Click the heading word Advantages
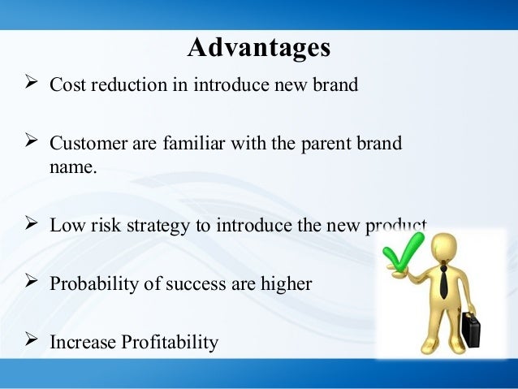(259, 48)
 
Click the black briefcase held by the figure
(471, 328)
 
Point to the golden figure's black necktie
(443, 281)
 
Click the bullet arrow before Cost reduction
(31, 82)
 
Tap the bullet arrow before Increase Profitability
(31, 339)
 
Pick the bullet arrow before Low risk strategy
(31, 223)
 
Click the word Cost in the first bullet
(68, 84)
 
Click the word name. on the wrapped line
(73, 167)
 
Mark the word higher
(286, 284)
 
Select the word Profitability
(170, 343)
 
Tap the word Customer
(88, 144)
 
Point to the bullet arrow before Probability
(31, 281)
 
